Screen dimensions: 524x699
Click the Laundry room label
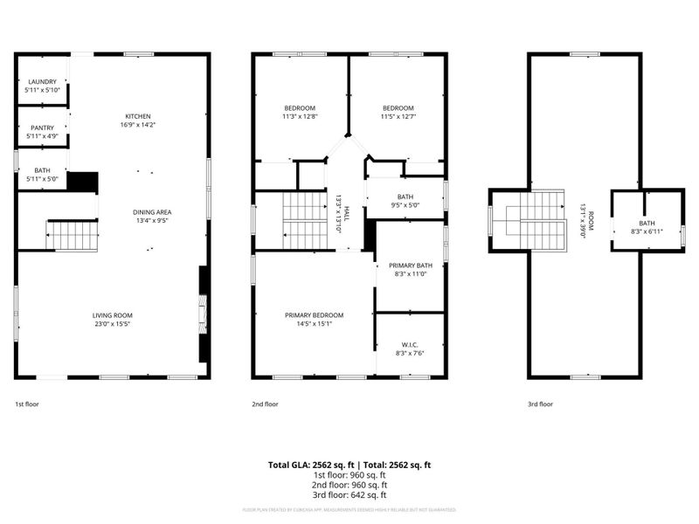coord(42,82)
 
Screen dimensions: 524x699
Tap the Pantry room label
coord(42,128)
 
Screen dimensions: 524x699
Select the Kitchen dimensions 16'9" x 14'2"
coord(138,126)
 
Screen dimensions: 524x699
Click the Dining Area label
coord(152,212)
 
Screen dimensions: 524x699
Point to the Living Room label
coord(113,315)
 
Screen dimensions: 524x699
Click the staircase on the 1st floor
coord(72,235)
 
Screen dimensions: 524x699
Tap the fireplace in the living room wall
coord(203,315)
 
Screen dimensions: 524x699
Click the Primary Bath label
coord(410,265)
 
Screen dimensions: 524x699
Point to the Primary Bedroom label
coord(314,315)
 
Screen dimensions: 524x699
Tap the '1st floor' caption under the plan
coord(27,404)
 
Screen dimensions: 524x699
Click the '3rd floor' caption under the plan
coord(541,404)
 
